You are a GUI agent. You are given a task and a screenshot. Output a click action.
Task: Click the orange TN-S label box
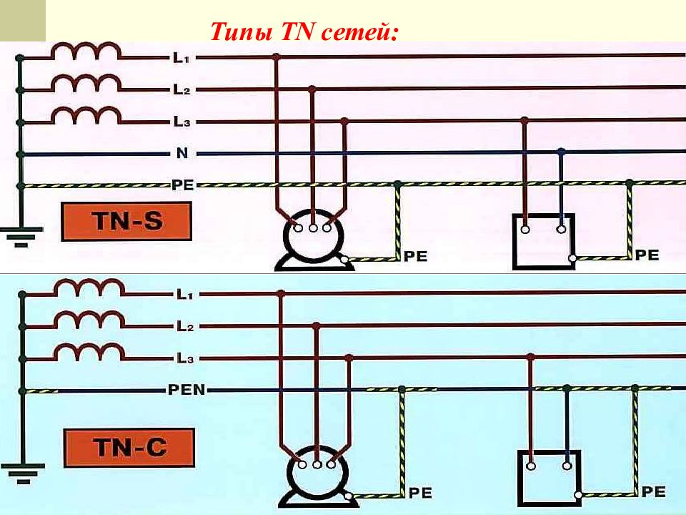pos(126,221)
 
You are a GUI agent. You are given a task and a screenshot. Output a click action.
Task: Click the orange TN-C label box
pos(129,448)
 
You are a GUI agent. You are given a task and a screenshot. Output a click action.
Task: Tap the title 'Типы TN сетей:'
pos(304,31)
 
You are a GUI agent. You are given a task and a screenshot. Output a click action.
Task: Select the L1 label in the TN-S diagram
pos(181,57)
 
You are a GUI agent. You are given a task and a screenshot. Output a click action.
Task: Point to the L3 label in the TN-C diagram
pos(185,358)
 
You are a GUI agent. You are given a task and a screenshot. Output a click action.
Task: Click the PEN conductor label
pos(187,389)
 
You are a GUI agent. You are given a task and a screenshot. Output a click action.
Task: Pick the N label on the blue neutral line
pos(182,153)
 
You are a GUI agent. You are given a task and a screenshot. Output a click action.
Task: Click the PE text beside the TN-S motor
pos(415,256)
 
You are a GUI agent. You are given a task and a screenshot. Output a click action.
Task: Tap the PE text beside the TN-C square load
pos(653,492)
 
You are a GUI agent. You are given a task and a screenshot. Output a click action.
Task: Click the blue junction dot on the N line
pos(562,152)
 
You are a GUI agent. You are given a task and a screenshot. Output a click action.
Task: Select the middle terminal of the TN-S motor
pos(313,227)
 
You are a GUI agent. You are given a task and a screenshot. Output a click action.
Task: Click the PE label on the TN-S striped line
pos(182,185)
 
